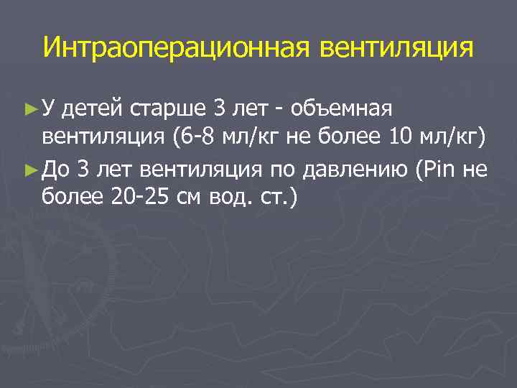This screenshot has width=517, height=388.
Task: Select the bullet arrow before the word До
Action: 29,170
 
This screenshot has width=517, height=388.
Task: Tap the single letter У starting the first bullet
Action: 49,109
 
